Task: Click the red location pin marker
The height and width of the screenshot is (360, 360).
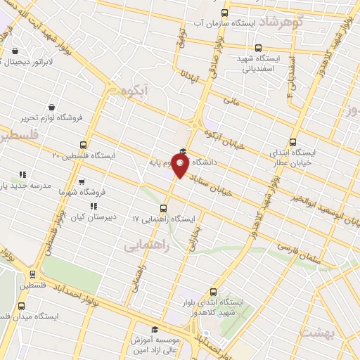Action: [x=181, y=165]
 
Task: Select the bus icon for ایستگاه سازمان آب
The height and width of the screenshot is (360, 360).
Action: [x=225, y=13]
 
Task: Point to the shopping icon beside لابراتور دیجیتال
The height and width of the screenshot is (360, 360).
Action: [x=15, y=51]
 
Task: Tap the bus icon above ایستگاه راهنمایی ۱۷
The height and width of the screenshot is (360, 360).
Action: [x=164, y=207]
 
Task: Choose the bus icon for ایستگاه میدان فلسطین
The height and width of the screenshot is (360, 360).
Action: [x=22, y=306]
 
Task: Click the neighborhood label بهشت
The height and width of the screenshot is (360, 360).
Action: [x=317, y=330]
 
